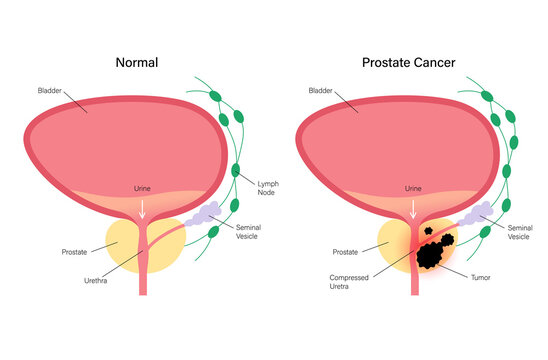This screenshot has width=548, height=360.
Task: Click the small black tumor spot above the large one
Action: click(x=429, y=229)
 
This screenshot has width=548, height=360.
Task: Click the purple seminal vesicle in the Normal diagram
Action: click(x=206, y=213)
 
